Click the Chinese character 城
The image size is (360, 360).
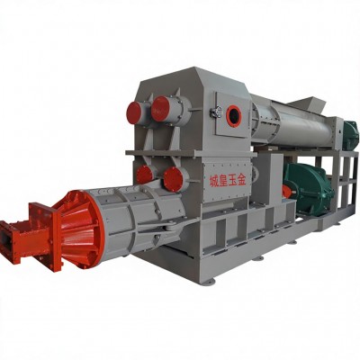(213, 182)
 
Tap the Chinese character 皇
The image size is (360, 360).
(223, 181)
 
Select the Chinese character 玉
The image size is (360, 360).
(232, 181)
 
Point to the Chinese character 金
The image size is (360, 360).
(241, 181)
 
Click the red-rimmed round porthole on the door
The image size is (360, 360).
(234, 115)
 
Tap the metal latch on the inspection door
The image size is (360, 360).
(215, 112)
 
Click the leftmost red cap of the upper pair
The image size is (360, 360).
(134, 113)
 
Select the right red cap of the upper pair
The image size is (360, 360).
(160, 109)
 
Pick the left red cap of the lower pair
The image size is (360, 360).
(144, 175)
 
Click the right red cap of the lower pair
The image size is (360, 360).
(173, 179)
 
